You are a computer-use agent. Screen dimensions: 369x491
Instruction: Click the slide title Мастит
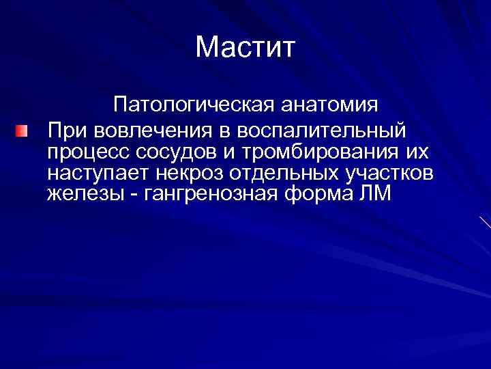245,47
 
